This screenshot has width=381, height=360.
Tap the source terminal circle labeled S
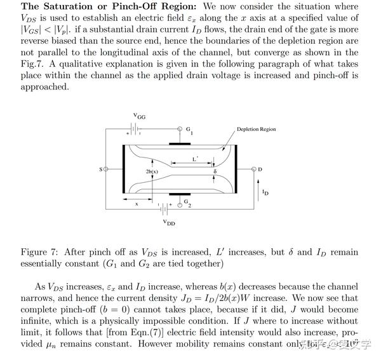[x=106, y=170]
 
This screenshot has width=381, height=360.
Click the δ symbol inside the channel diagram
[x=215, y=172]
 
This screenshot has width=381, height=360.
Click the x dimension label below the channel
[x=136, y=204]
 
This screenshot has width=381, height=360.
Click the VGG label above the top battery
[x=139, y=116]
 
